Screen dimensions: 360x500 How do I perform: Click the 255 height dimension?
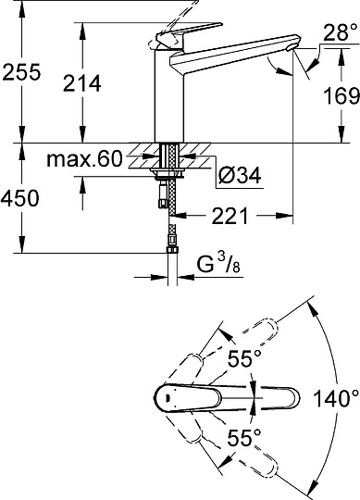coord(21,72)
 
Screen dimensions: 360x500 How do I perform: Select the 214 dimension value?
coord(82,83)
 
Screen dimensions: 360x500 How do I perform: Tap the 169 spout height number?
coord(341,95)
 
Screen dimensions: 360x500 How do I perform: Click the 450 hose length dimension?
coord(20,198)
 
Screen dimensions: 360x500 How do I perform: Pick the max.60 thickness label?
coord(84,159)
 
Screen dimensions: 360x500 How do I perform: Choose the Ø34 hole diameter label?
coord(240,175)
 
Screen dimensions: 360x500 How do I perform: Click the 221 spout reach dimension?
coord(230,216)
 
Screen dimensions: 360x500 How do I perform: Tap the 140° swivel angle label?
coord(337,398)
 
